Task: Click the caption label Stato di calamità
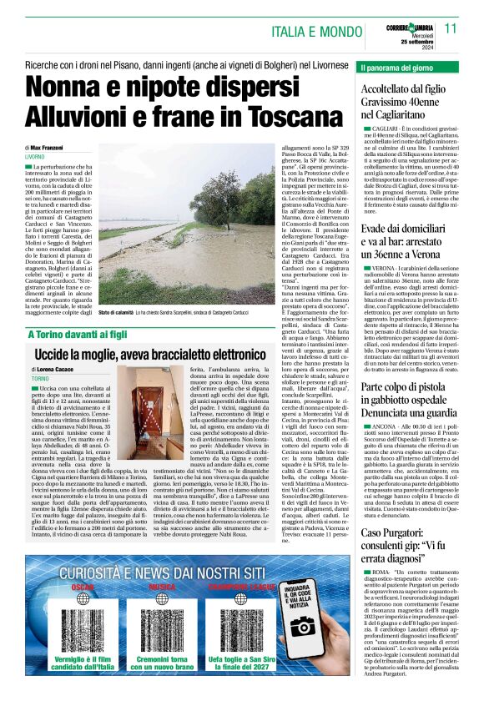coord(117,312)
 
